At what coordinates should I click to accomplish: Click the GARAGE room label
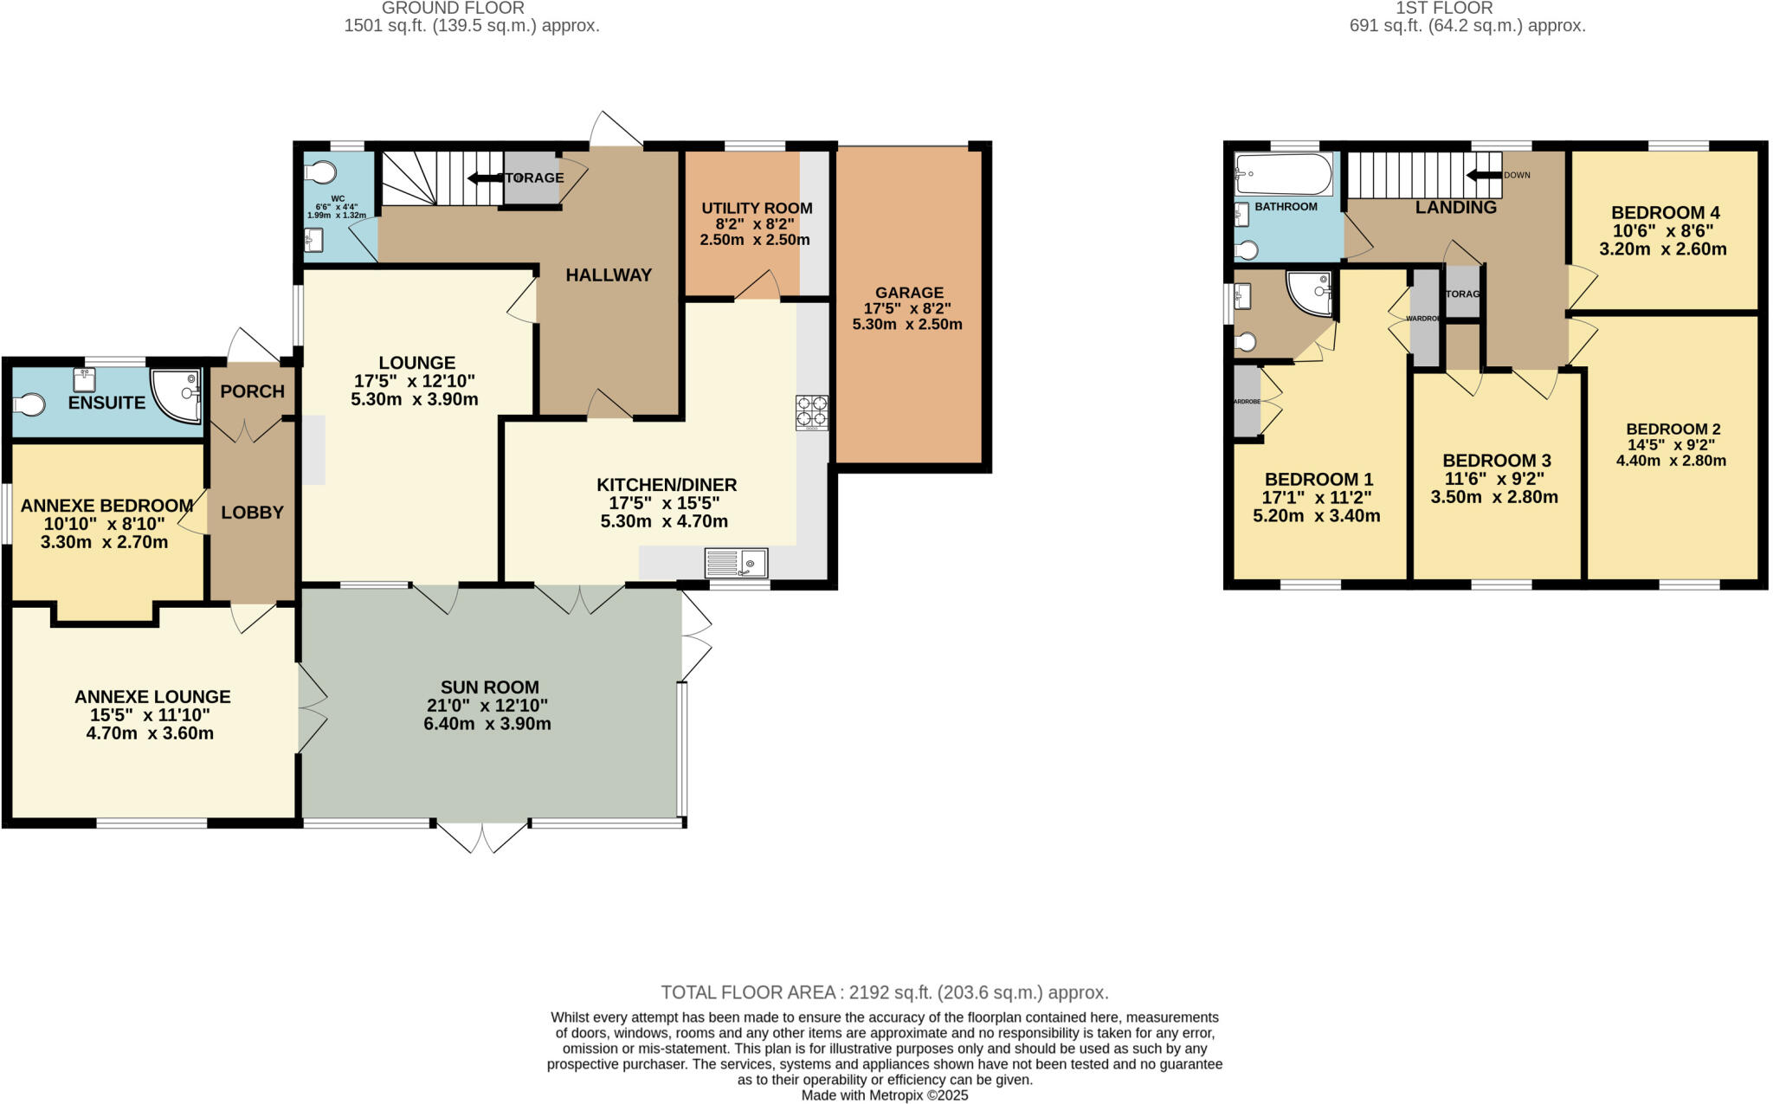(x=908, y=293)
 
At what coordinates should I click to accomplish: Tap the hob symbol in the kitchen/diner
(x=811, y=413)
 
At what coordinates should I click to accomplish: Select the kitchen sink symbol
(x=736, y=564)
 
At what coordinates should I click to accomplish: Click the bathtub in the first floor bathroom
(x=1283, y=175)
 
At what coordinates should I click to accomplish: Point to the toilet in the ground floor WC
(x=320, y=173)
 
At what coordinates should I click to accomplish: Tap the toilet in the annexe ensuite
(x=29, y=404)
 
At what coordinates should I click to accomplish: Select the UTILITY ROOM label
(x=757, y=209)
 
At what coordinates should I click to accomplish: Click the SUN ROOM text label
(x=487, y=688)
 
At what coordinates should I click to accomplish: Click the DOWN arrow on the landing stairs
(x=1484, y=176)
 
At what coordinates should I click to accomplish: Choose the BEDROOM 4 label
(x=1665, y=213)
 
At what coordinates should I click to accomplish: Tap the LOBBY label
(x=252, y=513)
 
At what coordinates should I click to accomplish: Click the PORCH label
(x=252, y=391)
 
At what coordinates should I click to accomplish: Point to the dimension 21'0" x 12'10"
(x=487, y=706)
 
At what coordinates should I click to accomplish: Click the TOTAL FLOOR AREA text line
(x=884, y=992)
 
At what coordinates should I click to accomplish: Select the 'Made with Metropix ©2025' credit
(x=884, y=1095)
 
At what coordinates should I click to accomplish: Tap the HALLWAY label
(x=609, y=275)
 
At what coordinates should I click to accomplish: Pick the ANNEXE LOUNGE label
(x=152, y=697)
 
